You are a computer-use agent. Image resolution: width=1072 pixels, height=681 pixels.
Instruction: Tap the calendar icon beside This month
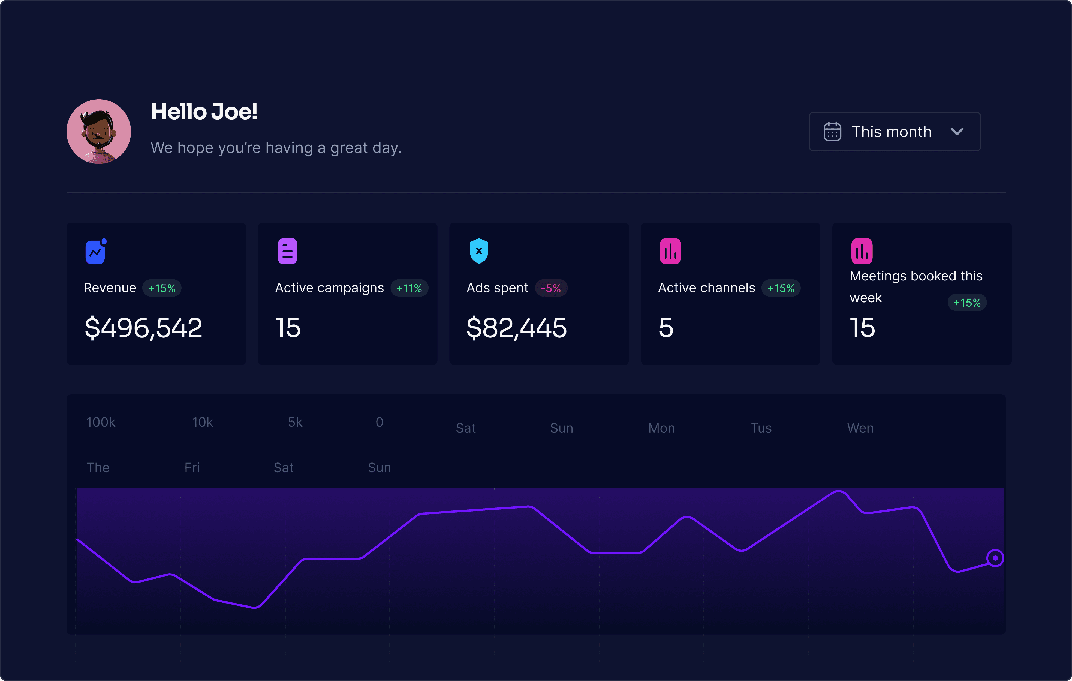[x=832, y=132]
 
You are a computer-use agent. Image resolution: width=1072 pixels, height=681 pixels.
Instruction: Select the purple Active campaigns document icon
[x=288, y=252]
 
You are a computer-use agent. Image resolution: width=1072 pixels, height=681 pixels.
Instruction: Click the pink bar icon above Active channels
[x=670, y=252]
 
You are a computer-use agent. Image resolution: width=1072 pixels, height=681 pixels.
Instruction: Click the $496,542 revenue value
[x=143, y=328]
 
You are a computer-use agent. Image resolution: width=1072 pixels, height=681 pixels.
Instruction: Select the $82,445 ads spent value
[x=516, y=328]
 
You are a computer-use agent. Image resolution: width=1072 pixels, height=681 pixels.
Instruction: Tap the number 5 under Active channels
[x=666, y=328]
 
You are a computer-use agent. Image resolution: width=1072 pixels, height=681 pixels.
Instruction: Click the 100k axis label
[x=101, y=422]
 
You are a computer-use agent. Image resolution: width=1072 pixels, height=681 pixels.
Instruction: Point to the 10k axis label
[x=203, y=422]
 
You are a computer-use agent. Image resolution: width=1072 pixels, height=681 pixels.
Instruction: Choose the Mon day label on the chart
[x=661, y=428]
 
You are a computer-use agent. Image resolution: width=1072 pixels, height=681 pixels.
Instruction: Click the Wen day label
[x=860, y=428]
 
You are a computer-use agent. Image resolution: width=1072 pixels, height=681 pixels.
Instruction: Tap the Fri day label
[x=192, y=468]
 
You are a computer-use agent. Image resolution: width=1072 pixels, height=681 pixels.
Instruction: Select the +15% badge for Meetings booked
[x=967, y=303]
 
